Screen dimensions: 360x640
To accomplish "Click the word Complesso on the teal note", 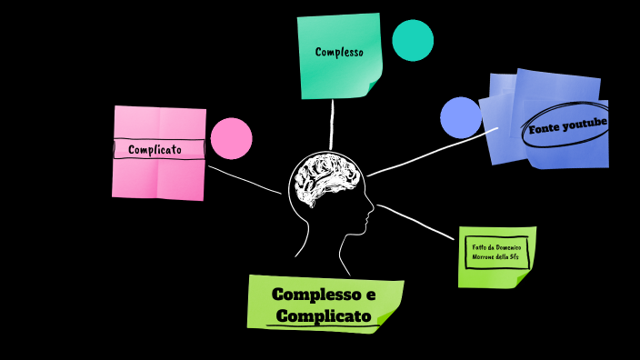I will (x=339, y=52).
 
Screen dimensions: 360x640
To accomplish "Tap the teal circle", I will (x=413, y=40).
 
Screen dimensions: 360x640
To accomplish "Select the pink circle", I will (x=231, y=138).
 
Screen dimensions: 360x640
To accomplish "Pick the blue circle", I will (x=461, y=117).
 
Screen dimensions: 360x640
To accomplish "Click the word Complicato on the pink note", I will (x=155, y=149).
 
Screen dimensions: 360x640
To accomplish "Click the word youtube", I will (x=585, y=123).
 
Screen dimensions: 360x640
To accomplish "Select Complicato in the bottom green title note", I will (x=323, y=315).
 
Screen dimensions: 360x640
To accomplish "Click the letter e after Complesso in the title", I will (x=369, y=295).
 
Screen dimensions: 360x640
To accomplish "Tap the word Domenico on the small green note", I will (x=509, y=247).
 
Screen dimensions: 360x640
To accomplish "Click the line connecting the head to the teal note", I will (x=333, y=123).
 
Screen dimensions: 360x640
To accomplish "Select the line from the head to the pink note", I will (x=244, y=179).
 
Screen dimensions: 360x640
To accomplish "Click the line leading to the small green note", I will (x=418, y=222).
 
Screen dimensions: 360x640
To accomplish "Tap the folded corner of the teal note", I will (x=374, y=87).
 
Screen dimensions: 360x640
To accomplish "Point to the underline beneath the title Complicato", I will (x=323, y=325).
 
